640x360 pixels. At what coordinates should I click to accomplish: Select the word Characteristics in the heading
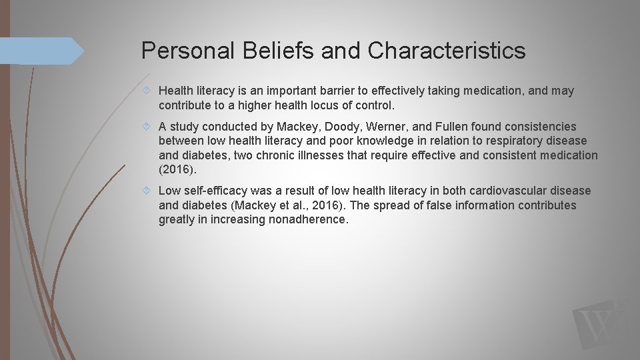[x=447, y=51]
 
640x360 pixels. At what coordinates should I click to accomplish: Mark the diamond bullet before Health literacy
[x=150, y=91]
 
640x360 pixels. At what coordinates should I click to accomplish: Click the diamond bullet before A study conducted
[x=150, y=127]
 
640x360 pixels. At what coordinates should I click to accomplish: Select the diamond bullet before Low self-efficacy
[x=150, y=191]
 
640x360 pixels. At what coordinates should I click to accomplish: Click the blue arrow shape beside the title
[x=40, y=51]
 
